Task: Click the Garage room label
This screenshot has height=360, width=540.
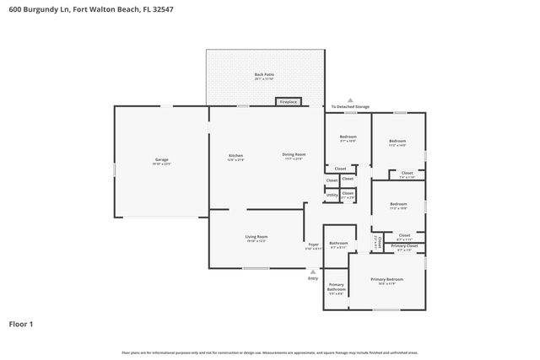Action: tap(162, 161)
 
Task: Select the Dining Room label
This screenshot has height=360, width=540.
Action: tap(294, 156)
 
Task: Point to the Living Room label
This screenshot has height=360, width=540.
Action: tap(256, 238)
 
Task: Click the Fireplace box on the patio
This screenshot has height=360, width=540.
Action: tap(288, 102)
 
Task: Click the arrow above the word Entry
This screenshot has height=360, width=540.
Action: tap(313, 271)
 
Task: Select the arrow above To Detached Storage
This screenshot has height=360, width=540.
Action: tap(350, 99)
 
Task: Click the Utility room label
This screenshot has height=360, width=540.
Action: tap(332, 195)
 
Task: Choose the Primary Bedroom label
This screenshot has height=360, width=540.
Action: tap(387, 280)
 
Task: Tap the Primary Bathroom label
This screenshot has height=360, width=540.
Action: tap(336, 287)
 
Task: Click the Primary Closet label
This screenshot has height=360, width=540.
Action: tap(403, 246)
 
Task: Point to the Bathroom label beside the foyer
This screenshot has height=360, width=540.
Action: tap(338, 244)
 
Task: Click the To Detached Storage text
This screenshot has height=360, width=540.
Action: tap(350, 107)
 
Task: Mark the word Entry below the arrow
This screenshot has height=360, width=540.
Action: tap(313, 278)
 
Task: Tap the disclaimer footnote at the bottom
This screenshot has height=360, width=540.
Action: tap(270, 352)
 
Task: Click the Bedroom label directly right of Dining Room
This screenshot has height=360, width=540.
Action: tap(348, 137)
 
